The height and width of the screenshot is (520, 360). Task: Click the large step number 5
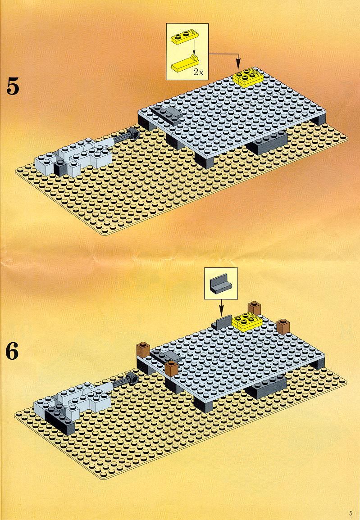[x=13, y=87]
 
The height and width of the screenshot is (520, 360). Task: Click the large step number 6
[x=12, y=352]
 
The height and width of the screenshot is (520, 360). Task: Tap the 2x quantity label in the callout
[x=198, y=72]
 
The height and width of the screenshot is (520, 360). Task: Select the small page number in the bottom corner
[x=351, y=513]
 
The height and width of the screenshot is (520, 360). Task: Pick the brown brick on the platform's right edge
[x=283, y=327]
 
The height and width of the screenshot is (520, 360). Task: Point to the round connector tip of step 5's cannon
[x=134, y=133]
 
